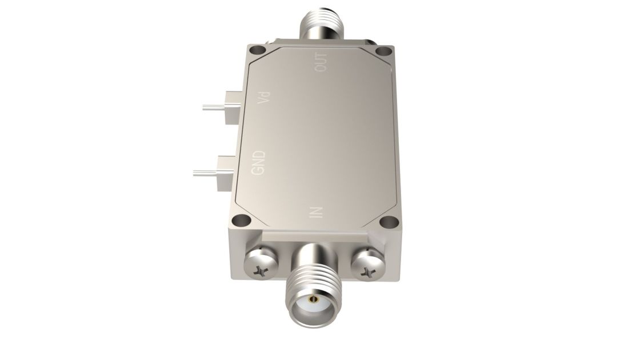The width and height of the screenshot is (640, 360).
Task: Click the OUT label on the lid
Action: click(x=322, y=62)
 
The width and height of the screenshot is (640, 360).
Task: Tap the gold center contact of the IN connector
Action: click(x=312, y=299)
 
